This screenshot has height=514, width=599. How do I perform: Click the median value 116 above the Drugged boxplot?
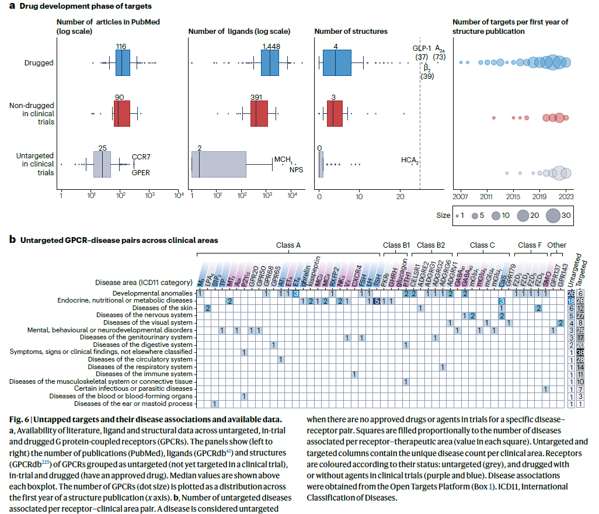tap(121, 46)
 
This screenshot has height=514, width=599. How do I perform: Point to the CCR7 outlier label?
tap(141, 157)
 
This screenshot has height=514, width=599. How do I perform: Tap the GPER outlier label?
tap(141, 173)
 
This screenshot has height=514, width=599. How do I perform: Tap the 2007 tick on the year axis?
tap(461, 196)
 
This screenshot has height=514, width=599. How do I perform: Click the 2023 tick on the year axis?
tap(565, 196)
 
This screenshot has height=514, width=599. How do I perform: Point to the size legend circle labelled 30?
tap(557, 216)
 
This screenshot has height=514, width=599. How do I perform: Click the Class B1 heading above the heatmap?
tap(396, 245)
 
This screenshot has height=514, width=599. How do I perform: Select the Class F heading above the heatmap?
tap(530, 245)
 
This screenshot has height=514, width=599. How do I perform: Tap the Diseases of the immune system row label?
tap(144, 374)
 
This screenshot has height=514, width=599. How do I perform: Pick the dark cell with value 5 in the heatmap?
tap(377, 301)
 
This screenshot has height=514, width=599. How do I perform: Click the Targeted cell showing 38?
tap(581, 352)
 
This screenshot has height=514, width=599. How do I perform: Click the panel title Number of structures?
tap(350, 30)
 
